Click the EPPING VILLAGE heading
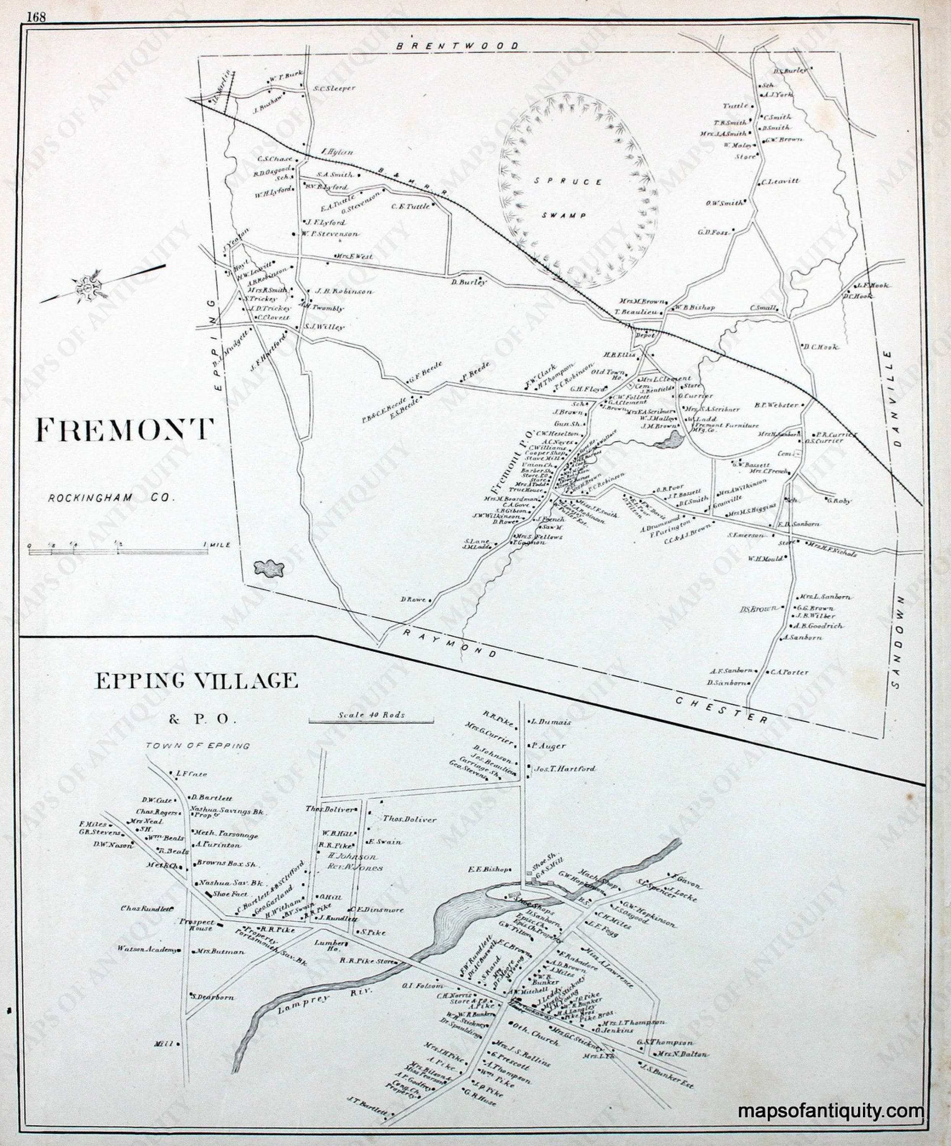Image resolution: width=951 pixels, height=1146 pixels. [x=196, y=681]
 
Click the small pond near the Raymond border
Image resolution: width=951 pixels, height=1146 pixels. [x=270, y=569]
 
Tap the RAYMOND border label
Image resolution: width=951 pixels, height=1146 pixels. [x=451, y=644]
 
